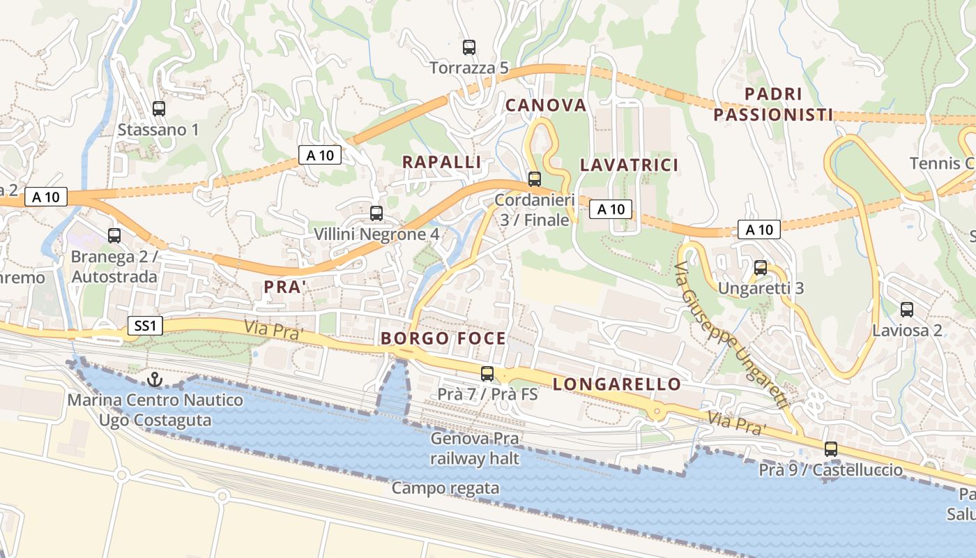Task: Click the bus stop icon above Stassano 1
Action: point(159,109)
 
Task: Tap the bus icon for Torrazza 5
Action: point(469,47)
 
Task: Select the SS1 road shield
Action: point(145,326)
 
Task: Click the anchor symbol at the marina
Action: point(155,379)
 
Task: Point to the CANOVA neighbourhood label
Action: point(546,105)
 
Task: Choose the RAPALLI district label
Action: point(442,162)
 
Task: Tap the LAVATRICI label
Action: point(629,165)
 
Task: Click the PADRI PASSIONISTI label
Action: point(773,105)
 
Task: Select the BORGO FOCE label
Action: point(443,339)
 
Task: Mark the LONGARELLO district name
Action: point(617,384)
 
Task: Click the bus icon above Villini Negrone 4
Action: point(376,213)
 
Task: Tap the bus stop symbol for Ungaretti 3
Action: point(761,268)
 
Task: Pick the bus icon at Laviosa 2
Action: point(907,310)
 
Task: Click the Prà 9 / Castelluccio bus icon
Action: point(831,449)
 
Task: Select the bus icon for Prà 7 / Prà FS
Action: point(487,374)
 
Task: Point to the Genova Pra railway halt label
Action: point(474,448)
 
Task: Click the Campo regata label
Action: point(445,488)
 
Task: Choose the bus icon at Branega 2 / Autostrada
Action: point(114,236)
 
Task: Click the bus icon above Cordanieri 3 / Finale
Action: point(535,179)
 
